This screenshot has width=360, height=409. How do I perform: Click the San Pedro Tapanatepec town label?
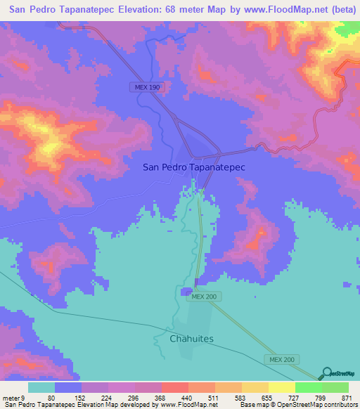pyautogui.click(x=193, y=167)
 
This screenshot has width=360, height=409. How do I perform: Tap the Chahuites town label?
pyautogui.click(x=191, y=339)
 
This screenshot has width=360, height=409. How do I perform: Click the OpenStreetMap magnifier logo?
pyautogui.click(x=326, y=373)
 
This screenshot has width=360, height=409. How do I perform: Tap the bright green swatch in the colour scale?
pyautogui.click(x=309, y=387)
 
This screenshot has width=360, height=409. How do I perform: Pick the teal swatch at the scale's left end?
pyautogui.click(x=41, y=387)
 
